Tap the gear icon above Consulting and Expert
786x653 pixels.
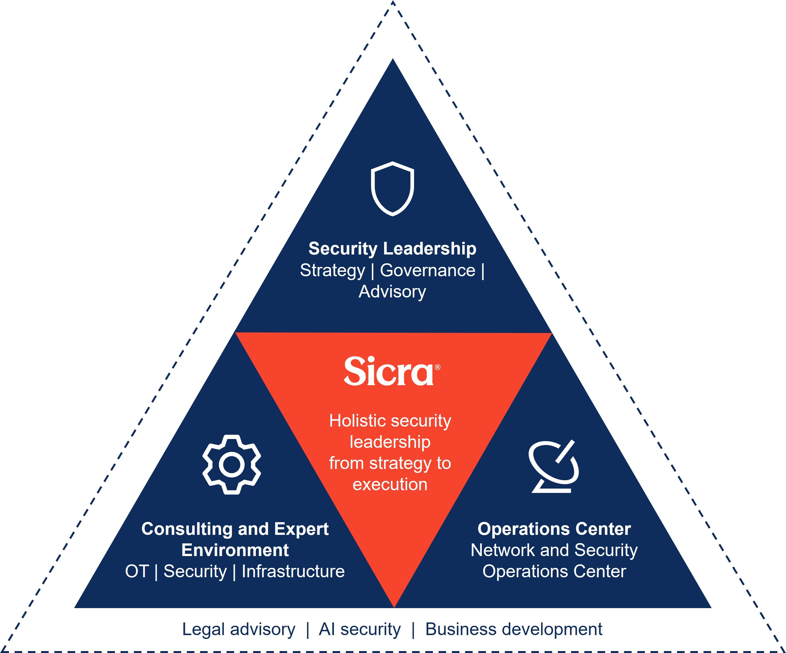232,464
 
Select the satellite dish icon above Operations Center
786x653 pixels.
553,467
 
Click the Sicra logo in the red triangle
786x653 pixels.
388,372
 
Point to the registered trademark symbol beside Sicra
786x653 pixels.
437,367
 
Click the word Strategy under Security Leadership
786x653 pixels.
332,270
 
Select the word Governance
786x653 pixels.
428,270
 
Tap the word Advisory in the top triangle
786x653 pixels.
392,292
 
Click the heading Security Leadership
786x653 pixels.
392,249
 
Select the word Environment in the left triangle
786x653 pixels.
235,550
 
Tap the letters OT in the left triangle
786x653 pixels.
137,571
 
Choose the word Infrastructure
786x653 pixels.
293,571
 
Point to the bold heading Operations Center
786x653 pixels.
554,529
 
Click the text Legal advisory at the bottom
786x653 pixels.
238,629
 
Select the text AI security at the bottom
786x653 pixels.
360,629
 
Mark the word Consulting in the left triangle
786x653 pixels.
187,529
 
